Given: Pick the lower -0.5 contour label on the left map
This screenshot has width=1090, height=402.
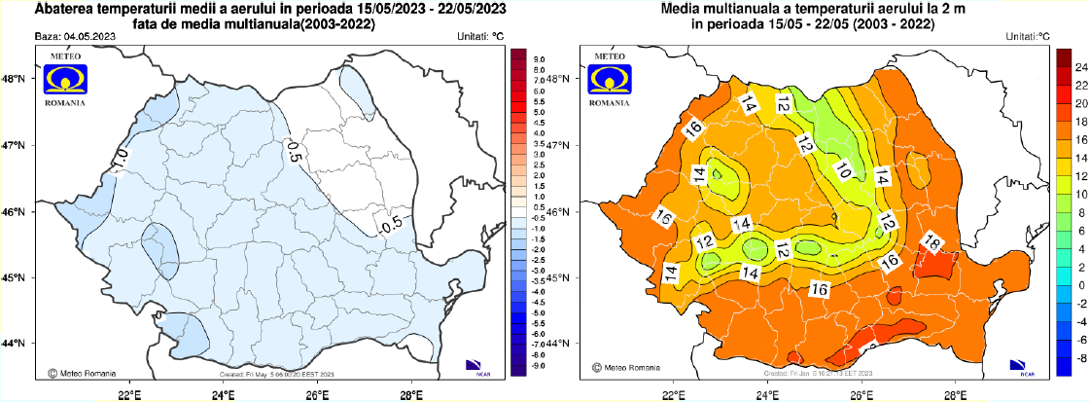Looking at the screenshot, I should click(x=391, y=226).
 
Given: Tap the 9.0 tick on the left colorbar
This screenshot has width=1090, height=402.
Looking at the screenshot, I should click(x=542, y=59).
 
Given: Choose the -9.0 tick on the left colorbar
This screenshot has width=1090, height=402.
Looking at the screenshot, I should click(x=541, y=365).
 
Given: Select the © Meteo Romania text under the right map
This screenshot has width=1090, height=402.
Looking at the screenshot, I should click(x=628, y=370).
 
